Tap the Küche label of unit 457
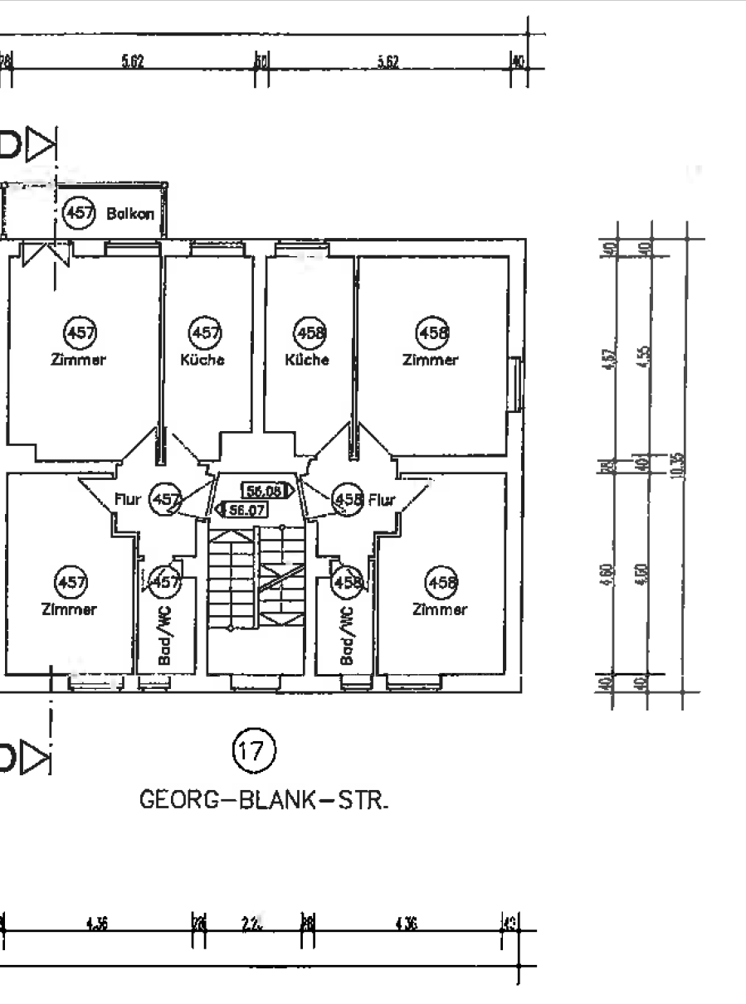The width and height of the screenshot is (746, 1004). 203,361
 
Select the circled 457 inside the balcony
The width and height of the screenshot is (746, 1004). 80,213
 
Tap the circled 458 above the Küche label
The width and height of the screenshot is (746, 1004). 311,332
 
